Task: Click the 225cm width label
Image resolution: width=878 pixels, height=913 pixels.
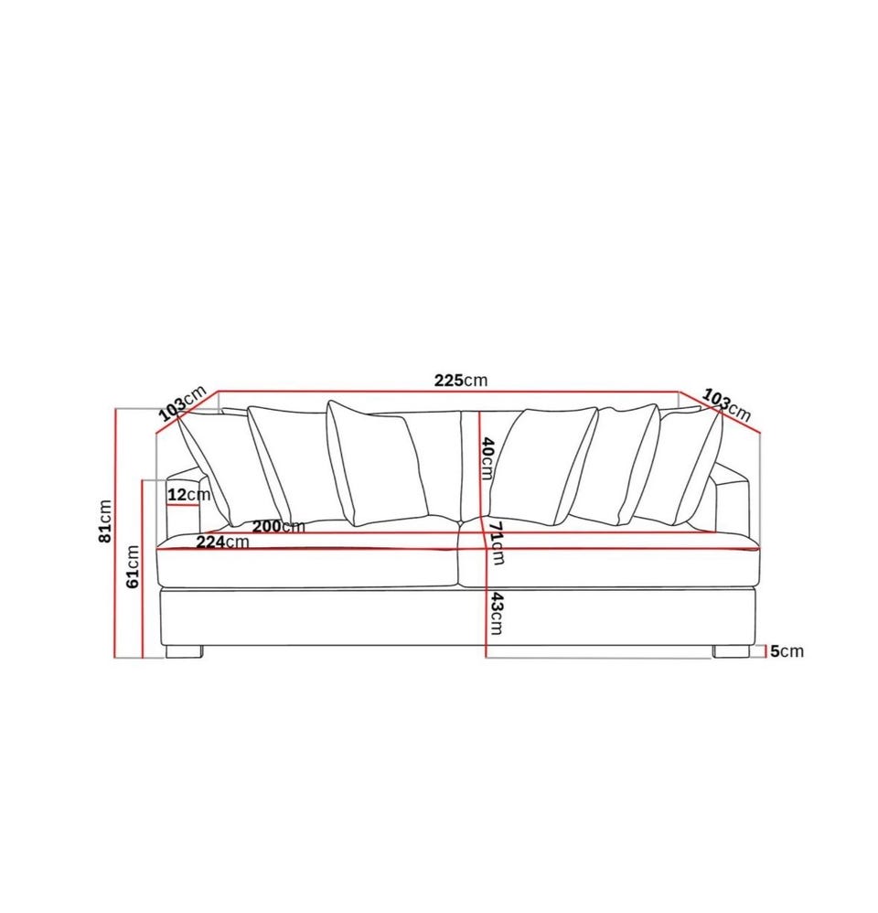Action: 461,381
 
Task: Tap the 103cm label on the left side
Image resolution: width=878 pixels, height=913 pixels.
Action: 183,403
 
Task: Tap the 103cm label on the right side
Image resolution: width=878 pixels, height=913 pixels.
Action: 726,404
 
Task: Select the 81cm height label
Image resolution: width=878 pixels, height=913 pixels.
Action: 105,521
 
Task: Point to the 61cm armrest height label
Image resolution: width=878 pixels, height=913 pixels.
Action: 133,566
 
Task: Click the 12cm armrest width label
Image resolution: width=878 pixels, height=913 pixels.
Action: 188,495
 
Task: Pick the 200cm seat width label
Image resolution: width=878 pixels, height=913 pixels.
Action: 278,526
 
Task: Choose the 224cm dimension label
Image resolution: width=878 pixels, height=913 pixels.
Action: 222,542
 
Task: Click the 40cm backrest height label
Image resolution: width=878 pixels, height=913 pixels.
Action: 487,459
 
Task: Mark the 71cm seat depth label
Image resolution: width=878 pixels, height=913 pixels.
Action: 496,543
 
